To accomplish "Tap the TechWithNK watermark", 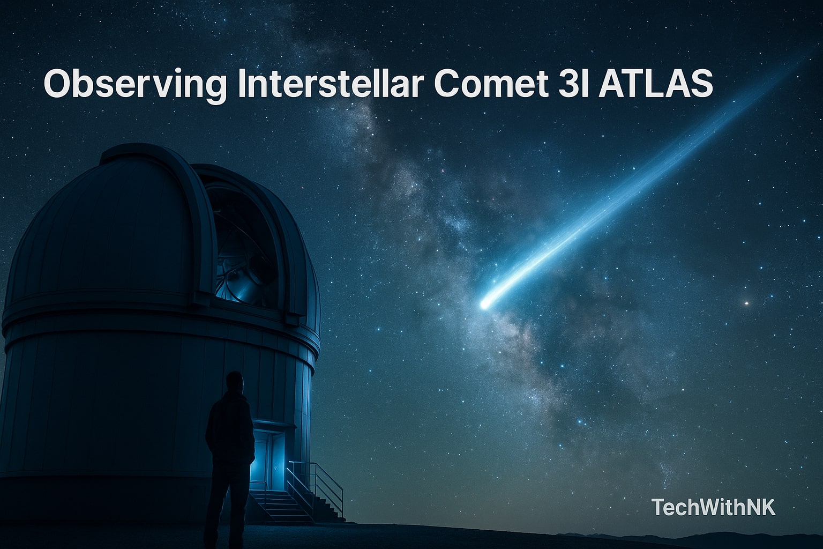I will click(713, 507).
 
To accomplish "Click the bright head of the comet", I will click(485, 303).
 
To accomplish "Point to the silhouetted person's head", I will click(234, 382).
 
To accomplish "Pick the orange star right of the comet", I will click(747, 303).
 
